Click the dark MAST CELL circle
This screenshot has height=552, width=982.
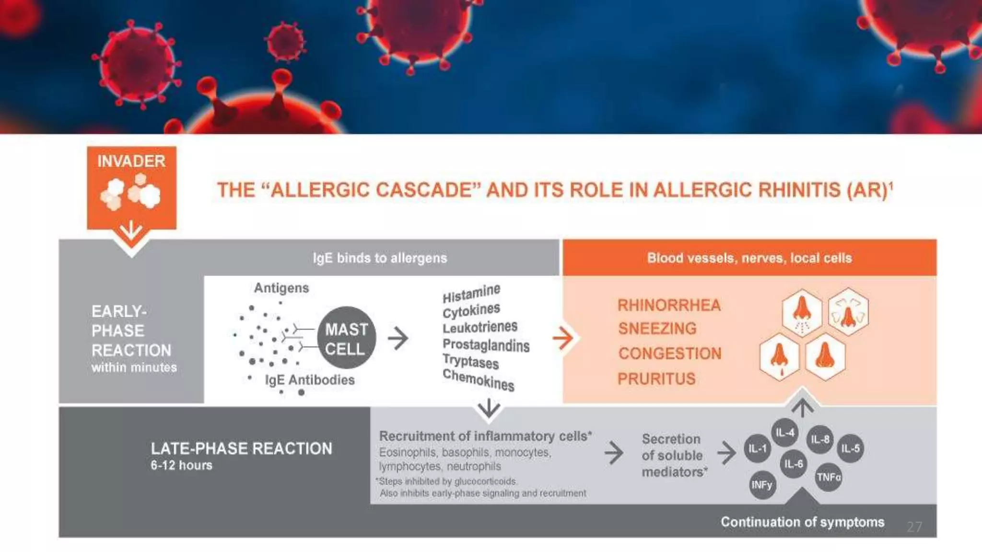346,338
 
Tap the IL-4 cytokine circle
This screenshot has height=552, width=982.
785,433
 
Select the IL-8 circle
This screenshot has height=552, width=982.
820,439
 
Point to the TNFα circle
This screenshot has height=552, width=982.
829,477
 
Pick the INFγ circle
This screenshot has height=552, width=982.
762,485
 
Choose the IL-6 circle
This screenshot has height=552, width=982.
794,464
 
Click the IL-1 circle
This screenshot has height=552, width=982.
758,448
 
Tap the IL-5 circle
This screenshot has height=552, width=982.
851,448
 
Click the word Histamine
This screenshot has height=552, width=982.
471,293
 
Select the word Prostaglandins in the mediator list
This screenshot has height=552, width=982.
486,345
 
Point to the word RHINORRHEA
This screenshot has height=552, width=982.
669,305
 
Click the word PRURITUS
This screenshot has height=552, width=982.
656,379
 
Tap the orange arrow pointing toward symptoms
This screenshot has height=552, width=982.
562,338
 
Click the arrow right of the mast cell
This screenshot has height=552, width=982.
397,338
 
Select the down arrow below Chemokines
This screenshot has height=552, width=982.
489,409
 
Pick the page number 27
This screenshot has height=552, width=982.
914,527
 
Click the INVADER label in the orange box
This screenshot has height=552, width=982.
131,161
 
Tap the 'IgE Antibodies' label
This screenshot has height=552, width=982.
310,380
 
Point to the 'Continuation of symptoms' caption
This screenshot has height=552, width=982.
802,522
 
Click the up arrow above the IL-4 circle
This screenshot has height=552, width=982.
802,408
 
